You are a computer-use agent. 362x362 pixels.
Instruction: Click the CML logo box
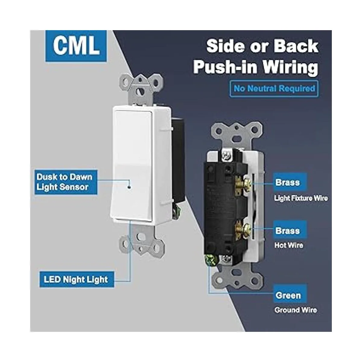point(76,46)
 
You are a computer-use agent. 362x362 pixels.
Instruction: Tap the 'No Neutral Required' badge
point(274,89)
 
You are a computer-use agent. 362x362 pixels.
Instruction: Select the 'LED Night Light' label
point(77,279)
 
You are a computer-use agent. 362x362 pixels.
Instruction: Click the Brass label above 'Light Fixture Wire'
point(288,183)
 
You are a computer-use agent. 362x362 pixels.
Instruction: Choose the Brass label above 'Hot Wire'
point(288,231)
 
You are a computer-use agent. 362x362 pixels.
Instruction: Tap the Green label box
point(288,295)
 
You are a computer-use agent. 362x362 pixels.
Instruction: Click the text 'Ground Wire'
point(296,310)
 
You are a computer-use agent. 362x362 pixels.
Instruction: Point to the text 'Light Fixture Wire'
point(301,198)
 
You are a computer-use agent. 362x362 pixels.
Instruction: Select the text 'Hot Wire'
point(289,245)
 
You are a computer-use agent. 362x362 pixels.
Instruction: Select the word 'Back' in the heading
point(296,46)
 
